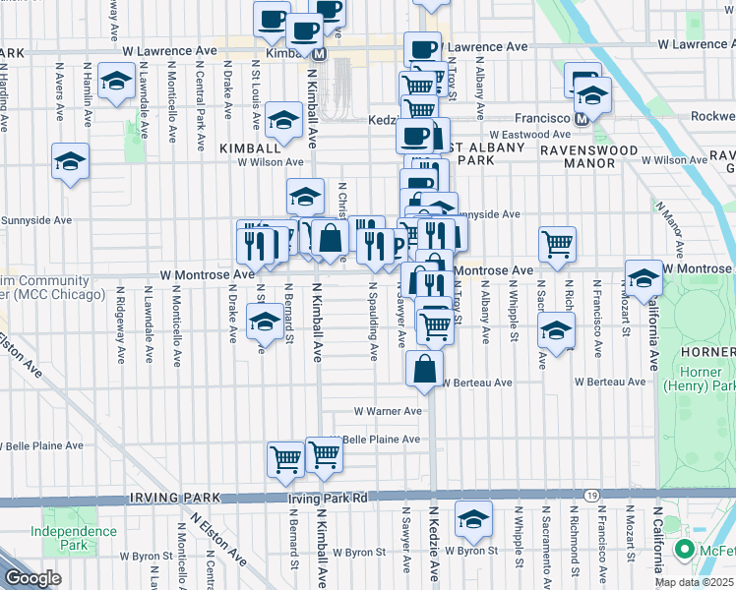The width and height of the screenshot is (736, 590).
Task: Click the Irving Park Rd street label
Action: click(x=328, y=499)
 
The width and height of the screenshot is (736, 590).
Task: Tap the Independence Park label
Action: click(x=74, y=537)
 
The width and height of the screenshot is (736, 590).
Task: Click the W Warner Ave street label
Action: click(x=388, y=411)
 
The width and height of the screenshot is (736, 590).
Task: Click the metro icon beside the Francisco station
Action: click(x=582, y=119)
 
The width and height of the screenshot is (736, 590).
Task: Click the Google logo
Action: click(x=32, y=578)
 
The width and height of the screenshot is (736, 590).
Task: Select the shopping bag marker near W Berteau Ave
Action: click(x=425, y=370)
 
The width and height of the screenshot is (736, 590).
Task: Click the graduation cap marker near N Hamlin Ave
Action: click(x=117, y=84)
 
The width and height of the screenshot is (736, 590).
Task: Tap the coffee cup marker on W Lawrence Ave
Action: click(x=423, y=48)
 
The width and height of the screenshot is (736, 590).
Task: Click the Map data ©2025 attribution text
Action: click(x=694, y=582)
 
